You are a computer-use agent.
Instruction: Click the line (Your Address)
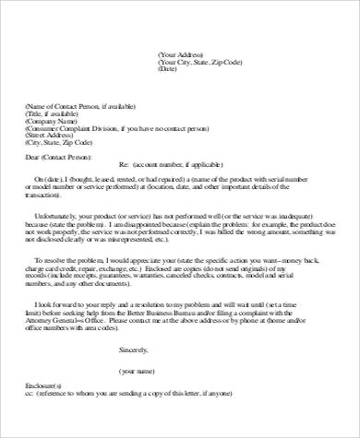pyautogui.click(x=181, y=54)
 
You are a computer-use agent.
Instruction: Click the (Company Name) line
pyautogui.click(x=52, y=121)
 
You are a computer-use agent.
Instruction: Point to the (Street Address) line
pyautogui.click(x=52, y=136)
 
